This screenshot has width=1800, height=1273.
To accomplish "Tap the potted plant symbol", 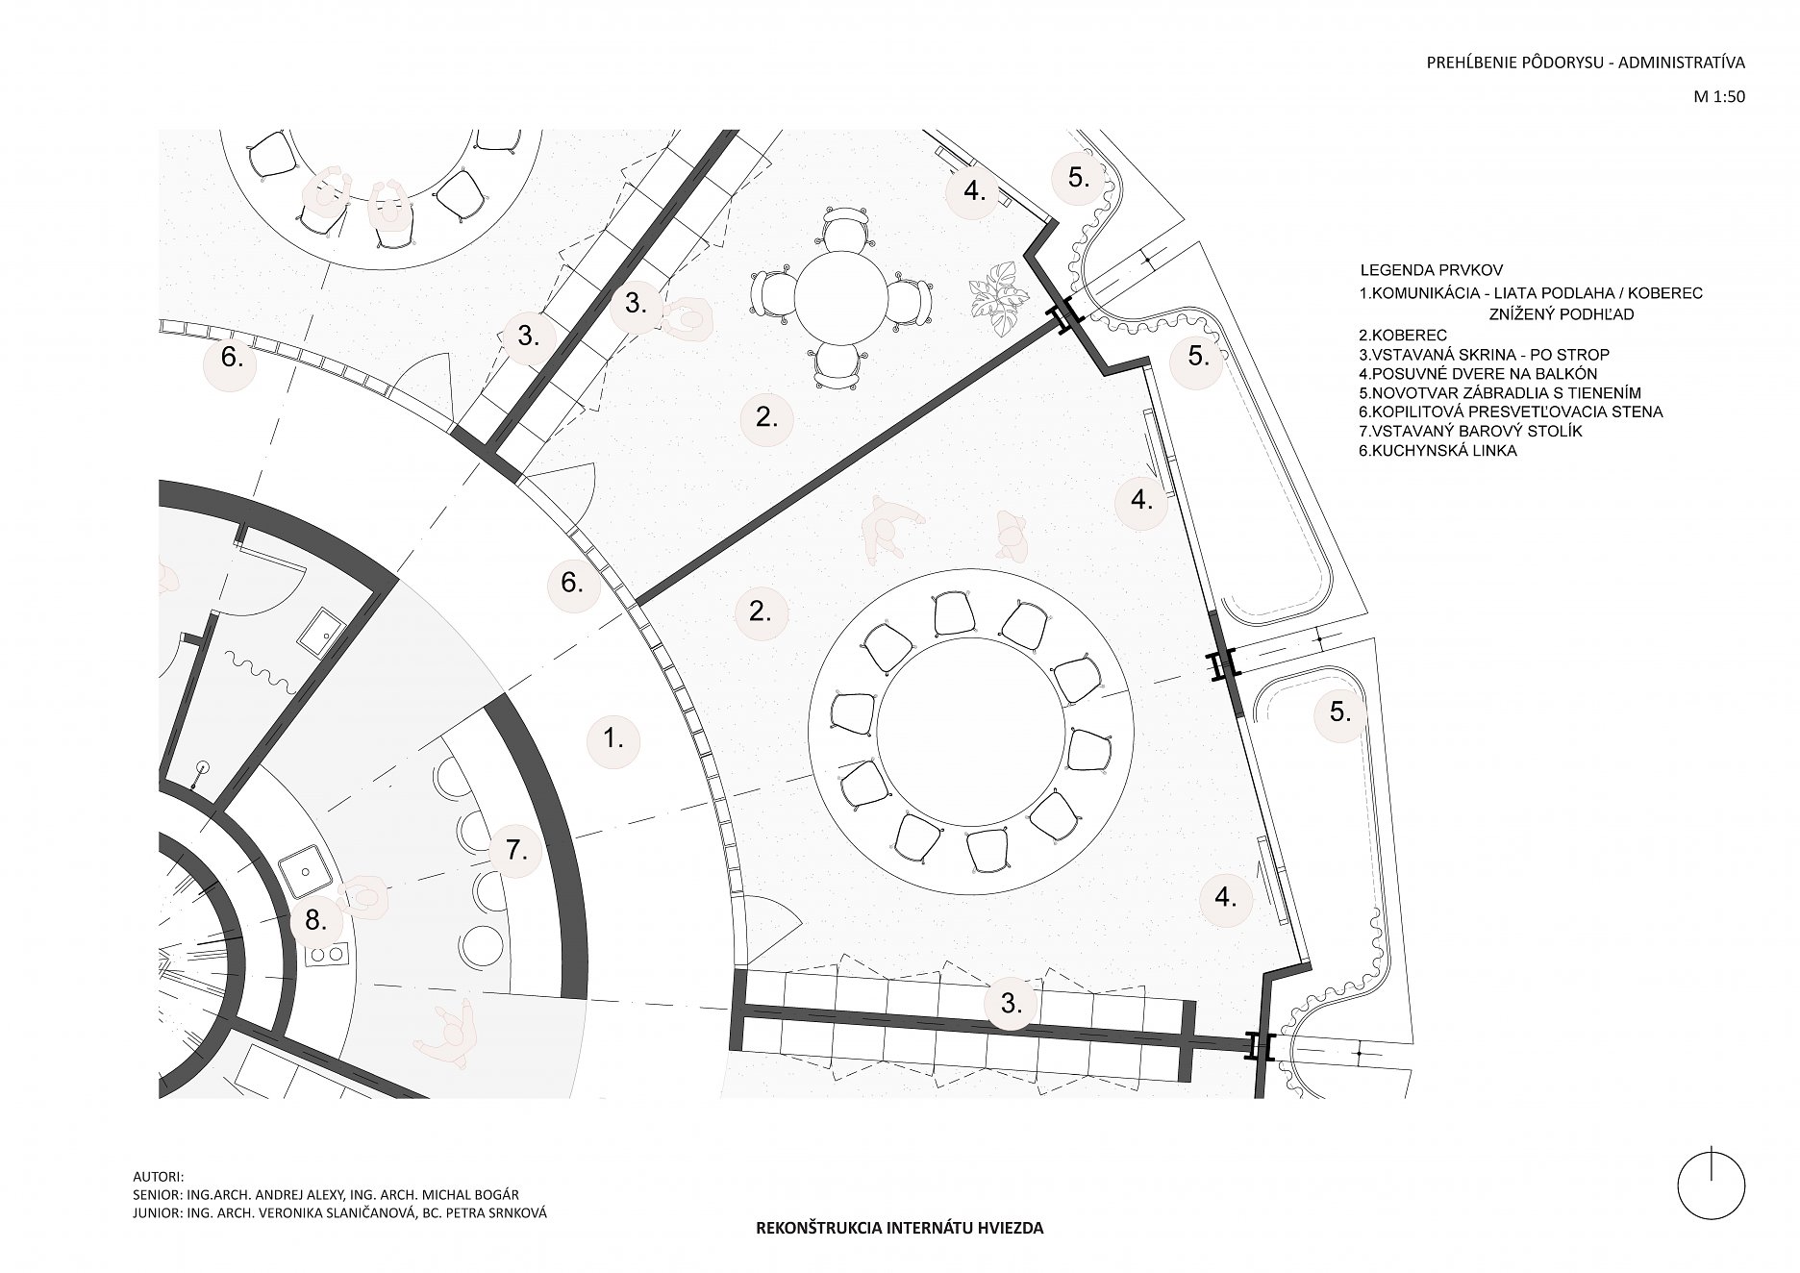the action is (x=994, y=298).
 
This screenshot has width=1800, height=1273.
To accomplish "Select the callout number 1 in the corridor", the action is (x=613, y=739).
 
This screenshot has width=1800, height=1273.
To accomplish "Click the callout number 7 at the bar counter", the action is (x=514, y=850).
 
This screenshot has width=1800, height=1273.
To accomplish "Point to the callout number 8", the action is (x=316, y=920).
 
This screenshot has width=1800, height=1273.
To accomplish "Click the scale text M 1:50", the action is (x=1719, y=96).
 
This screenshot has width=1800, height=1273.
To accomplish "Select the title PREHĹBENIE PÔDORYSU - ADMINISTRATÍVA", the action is (x=1586, y=63).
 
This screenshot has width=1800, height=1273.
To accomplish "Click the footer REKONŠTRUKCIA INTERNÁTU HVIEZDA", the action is (x=900, y=1228).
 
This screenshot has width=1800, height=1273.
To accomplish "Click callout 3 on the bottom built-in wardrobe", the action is (x=1011, y=1004).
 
